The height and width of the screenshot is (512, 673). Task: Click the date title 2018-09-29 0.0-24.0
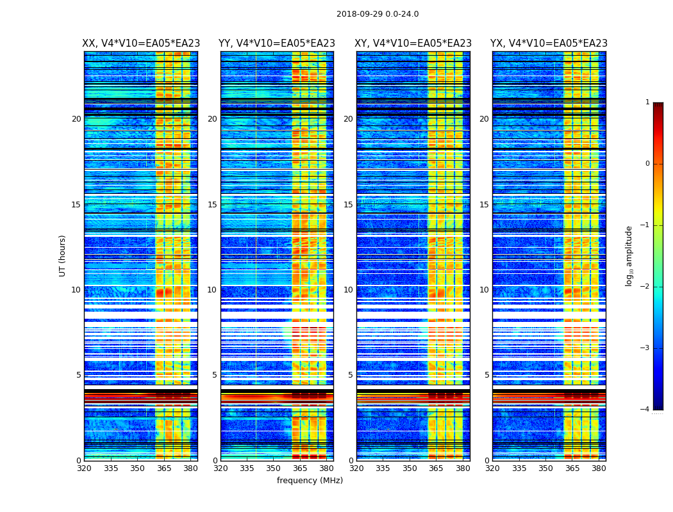(378, 14)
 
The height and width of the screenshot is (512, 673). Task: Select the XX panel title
(141, 44)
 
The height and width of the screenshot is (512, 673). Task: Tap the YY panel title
(277, 44)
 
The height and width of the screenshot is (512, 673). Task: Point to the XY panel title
(413, 44)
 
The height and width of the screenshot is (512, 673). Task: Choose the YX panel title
(549, 44)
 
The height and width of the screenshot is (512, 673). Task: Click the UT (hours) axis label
(62, 255)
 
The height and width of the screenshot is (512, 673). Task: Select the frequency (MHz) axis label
(310, 481)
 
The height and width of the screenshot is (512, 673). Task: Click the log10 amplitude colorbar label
(629, 255)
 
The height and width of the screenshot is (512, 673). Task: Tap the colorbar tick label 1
(647, 102)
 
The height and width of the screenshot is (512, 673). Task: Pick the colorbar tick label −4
(645, 410)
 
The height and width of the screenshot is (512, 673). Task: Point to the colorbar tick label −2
(645, 287)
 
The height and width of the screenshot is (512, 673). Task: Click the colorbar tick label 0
(647, 164)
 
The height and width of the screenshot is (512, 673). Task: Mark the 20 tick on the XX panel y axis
(76, 119)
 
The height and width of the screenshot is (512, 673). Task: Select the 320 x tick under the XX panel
(84, 468)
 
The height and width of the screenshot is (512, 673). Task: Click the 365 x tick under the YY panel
(300, 468)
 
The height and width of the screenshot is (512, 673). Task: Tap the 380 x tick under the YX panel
(599, 468)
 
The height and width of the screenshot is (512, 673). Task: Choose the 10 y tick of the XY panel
(348, 290)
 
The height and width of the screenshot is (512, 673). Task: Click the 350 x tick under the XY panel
(410, 468)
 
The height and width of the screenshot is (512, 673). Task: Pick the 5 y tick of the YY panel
(214, 375)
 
